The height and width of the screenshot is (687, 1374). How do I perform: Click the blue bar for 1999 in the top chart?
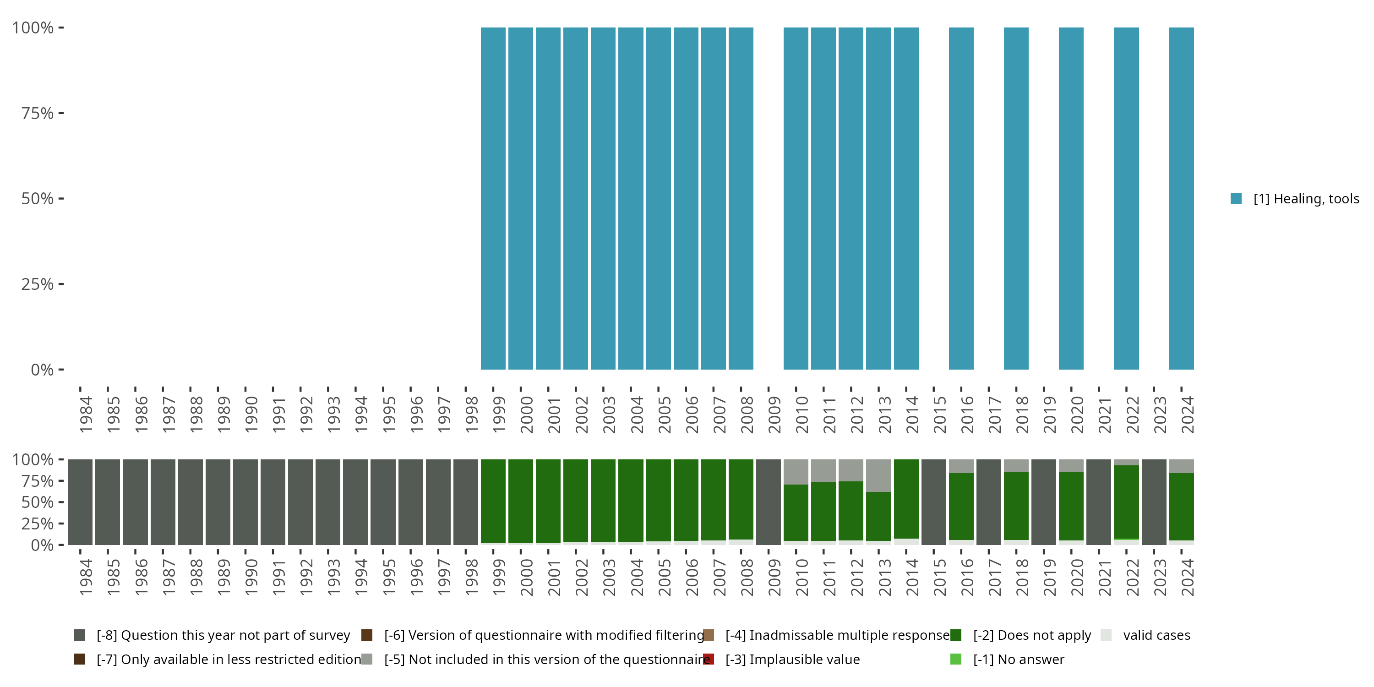click(x=493, y=198)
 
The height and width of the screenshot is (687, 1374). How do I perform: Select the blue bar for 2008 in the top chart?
click(x=741, y=198)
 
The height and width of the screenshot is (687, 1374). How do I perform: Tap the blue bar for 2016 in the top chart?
click(x=961, y=198)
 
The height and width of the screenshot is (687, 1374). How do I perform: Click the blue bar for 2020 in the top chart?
click(x=1071, y=198)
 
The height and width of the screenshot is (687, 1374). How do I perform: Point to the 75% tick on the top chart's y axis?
click(x=61, y=113)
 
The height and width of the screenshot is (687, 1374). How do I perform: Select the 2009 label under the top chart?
click(x=774, y=414)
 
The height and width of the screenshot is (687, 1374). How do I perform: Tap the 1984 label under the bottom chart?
click(x=85, y=577)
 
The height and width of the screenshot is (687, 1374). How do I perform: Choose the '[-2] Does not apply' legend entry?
click(x=1031, y=635)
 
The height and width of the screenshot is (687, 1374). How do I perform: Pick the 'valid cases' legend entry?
click(x=1156, y=635)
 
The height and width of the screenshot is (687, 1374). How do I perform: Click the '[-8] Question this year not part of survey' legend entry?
click(x=223, y=635)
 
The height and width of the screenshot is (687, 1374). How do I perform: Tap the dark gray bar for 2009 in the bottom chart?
click(x=768, y=502)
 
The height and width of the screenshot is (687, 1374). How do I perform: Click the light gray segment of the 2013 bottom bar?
click(x=878, y=474)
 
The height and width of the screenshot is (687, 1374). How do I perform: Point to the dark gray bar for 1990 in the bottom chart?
click(x=245, y=502)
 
